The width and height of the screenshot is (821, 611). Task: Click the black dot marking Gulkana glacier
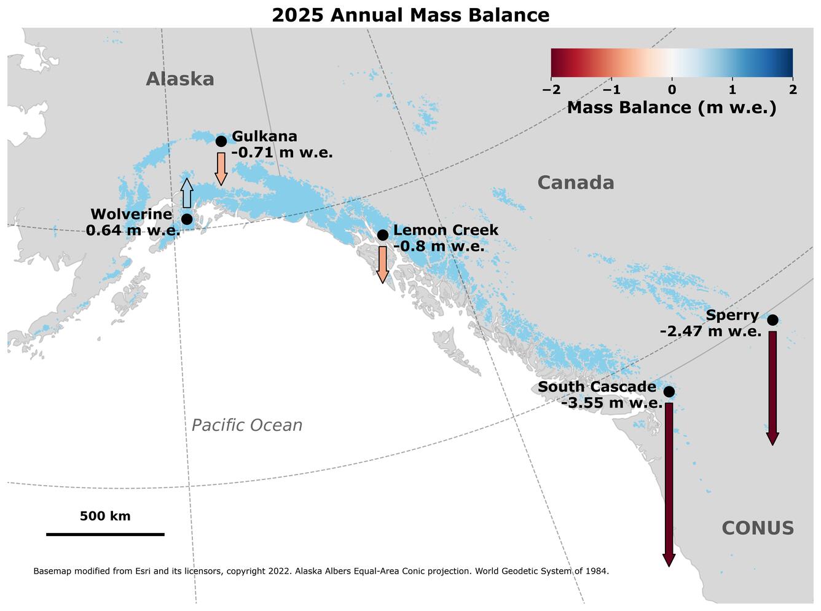221,141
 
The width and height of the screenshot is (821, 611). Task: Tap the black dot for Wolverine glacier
187,219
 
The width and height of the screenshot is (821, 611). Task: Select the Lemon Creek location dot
382,235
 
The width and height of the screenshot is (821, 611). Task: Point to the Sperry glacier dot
772,320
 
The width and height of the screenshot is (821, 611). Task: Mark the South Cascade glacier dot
669,392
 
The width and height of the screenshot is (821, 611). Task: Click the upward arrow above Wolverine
187,194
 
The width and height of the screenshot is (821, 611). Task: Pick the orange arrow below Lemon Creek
382,264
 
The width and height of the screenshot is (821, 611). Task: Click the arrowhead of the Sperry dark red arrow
772,438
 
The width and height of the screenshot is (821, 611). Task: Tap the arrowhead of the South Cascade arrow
669,560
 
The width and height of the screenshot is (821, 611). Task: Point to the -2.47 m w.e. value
710,332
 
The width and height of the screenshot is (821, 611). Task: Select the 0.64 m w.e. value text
133,231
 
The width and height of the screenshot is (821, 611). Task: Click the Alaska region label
180,79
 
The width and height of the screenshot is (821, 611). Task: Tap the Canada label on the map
575,183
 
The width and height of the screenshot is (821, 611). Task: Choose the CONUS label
757,529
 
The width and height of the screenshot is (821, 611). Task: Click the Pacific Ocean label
247,425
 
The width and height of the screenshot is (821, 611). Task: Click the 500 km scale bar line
105,535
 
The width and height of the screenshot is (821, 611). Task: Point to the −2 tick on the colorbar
551,90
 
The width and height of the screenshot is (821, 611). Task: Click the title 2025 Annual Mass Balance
410,15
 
